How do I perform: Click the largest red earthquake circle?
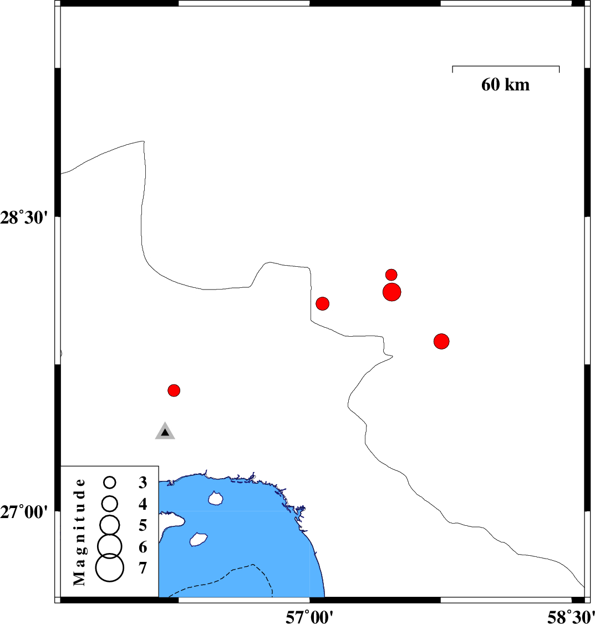point(391,292)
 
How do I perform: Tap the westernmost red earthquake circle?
point(174,390)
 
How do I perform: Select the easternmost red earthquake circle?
point(441,341)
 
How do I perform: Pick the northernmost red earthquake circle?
point(391,275)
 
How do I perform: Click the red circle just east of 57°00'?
point(323,303)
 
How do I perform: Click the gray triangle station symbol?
point(165,432)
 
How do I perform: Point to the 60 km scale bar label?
point(506,85)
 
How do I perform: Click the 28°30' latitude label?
point(24,218)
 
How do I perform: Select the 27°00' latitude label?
point(24,512)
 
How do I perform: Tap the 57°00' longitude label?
point(309,617)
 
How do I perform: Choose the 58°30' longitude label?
point(571,617)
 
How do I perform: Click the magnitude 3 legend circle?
point(110,483)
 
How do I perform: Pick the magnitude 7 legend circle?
point(110,567)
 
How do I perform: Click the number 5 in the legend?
point(143,525)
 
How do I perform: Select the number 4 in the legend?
point(143,504)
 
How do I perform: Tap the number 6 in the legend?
point(143,547)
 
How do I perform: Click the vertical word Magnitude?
point(79,532)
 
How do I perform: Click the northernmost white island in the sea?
point(216,498)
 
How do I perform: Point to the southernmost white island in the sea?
point(199,540)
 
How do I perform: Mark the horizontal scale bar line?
point(506,66)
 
